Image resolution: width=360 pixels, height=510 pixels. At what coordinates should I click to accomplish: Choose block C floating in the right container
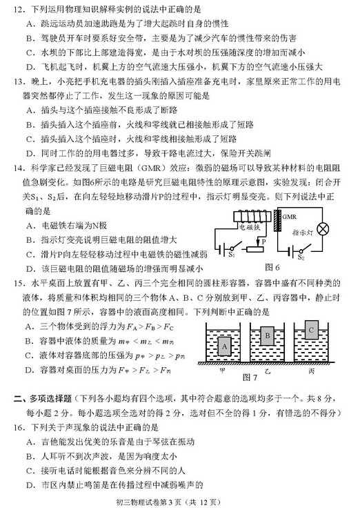coord(312,330)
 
